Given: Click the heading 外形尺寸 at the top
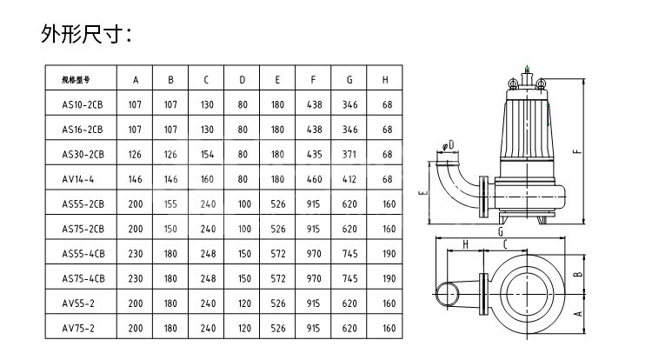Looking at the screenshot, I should pos(86,34).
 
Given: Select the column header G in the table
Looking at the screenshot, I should pos(349,80).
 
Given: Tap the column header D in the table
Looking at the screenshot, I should pos(243,80).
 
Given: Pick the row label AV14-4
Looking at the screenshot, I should pos(83,179).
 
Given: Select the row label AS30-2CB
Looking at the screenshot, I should pos(83,155).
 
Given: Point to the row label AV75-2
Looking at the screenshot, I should pos(83,329).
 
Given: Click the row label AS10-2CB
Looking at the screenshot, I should pos(83,105).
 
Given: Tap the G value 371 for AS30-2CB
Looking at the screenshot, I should pos(349,155).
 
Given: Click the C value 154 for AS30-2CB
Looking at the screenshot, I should pos(207,155).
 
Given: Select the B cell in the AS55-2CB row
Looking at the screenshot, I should pos(171,204).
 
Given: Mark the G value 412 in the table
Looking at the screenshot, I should pos(349,179).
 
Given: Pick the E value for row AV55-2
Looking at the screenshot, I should pos(277,303).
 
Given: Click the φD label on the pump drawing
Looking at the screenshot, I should pos(447,145).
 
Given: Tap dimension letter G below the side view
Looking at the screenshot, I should pos(501,233).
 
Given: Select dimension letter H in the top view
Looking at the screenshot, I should pos(465,246).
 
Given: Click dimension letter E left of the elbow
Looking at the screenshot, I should pos(421,194).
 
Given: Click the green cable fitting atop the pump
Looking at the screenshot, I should pos(527,63).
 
